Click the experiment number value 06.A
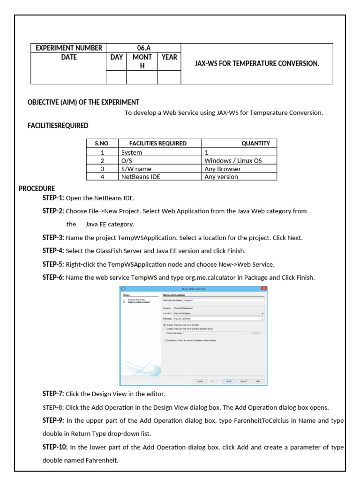pyautogui.click(x=143, y=48)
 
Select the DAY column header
pyautogui.click(x=116, y=57)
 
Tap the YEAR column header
pyautogui.click(x=169, y=57)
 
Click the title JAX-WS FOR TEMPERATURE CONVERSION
pyautogui.click(x=257, y=63)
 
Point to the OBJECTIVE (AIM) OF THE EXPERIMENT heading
pyautogui.click(x=83, y=102)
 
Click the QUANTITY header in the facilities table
pyautogui.click(x=255, y=143)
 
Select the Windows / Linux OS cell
pyautogui.click(x=233, y=160)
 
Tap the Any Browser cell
pyautogui.click(x=223, y=169)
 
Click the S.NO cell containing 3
pyautogui.click(x=102, y=169)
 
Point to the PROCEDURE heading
pyautogui.click(x=37, y=188)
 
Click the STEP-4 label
pyautogui.click(x=53, y=251)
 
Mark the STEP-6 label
pyautogui.click(x=53, y=277)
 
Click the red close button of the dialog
pyautogui.click(x=263, y=289)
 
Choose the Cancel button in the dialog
pyautogui.click(x=243, y=381)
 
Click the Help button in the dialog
pyautogui.click(x=257, y=381)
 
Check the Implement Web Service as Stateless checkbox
pyautogui.click(x=165, y=341)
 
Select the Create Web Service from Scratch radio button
pyautogui.click(x=165, y=325)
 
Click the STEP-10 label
pyautogui.click(x=55, y=447)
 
